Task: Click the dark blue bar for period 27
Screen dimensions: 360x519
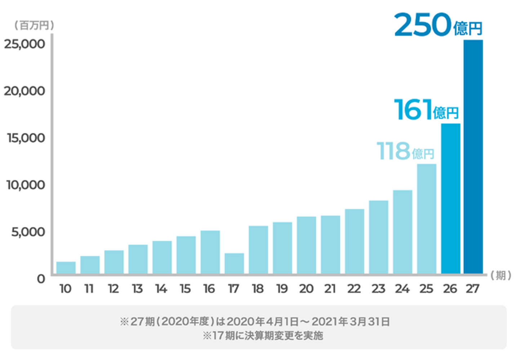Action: point(473,157)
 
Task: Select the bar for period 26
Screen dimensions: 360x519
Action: point(451,199)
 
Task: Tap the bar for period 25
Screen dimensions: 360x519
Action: point(426,219)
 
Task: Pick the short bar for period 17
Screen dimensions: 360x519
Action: point(234,263)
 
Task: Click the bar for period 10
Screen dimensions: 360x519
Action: point(66,268)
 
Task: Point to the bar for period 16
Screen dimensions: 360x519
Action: point(210,252)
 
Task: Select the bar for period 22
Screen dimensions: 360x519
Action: point(354,241)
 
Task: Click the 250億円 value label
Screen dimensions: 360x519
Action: point(438,25)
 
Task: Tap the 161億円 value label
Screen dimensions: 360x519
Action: point(426,110)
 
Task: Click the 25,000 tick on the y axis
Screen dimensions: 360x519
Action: point(25,44)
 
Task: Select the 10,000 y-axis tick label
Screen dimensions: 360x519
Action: point(25,185)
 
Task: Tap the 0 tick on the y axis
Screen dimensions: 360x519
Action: point(41,279)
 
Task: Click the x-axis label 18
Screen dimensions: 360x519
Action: point(258,289)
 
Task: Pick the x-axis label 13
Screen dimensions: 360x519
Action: point(137,289)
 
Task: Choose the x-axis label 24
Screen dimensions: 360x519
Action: point(402,289)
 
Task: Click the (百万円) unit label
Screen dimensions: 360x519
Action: point(34,25)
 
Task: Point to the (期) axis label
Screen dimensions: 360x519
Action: point(501,276)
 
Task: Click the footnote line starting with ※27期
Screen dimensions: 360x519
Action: point(255,321)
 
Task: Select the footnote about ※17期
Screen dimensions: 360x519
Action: point(262,335)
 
